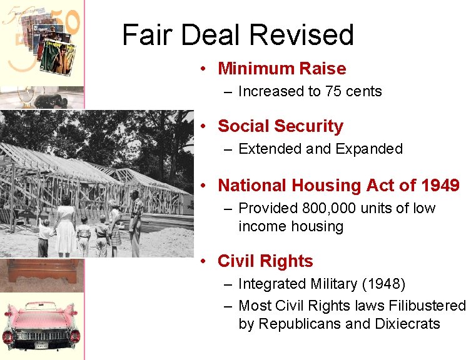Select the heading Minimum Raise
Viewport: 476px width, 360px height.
click(281, 68)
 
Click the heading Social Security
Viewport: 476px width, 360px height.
click(280, 126)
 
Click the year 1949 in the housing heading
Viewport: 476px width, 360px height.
click(440, 186)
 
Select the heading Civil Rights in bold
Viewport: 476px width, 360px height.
click(265, 261)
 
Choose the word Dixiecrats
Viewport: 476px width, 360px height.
click(408, 324)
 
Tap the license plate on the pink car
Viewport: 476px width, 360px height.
click(42, 344)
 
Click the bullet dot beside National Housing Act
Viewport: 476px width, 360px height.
click(204, 186)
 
